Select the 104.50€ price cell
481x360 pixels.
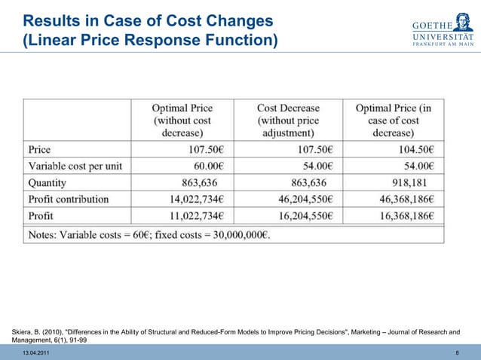[412, 148]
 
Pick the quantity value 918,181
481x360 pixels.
[408, 182]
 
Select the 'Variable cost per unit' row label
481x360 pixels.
[75, 165]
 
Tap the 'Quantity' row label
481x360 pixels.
[47, 182]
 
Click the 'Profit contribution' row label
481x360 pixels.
[69, 200]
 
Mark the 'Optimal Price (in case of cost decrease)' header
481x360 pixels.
[394, 120]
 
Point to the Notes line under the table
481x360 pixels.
[149, 235]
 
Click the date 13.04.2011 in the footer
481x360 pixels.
[37, 353]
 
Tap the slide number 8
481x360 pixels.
[458, 353]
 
